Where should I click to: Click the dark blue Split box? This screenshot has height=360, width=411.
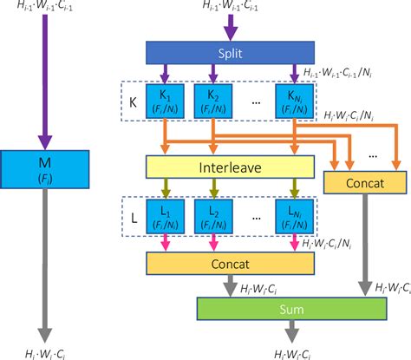coord(229,54)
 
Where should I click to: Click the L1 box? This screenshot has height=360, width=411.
coord(165,216)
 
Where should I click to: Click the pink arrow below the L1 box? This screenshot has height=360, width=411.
coord(165,243)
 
